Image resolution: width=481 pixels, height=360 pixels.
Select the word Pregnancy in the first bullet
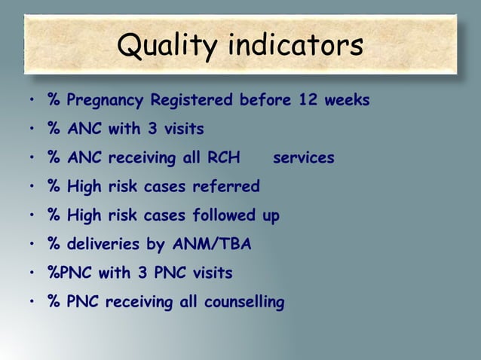(106, 100)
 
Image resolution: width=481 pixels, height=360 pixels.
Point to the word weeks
(347, 100)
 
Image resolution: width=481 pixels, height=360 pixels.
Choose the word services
(303, 158)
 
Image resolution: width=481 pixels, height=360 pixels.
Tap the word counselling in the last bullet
(243, 304)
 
